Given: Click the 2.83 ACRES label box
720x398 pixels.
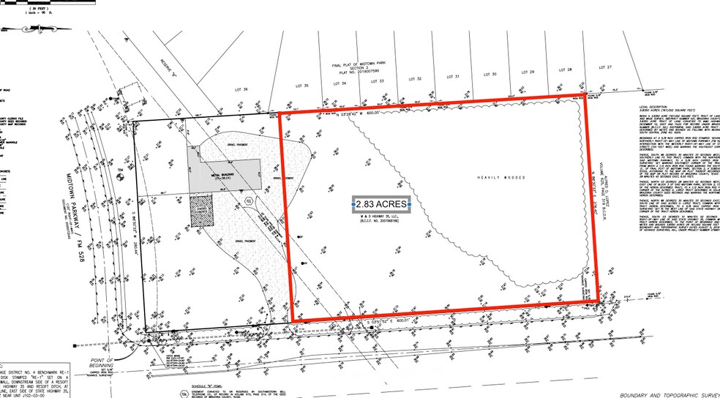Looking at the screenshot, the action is (380, 204).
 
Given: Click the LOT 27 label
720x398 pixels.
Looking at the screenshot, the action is (604, 67).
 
